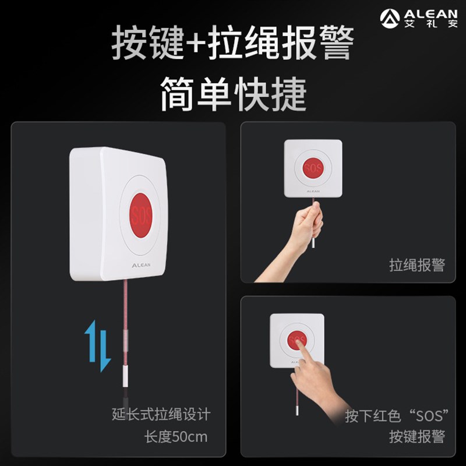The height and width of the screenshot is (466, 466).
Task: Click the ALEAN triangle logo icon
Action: click(x=390, y=17)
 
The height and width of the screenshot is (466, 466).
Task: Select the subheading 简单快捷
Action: click(x=233, y=94)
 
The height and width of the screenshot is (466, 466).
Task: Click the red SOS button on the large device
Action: click(x=141, y=213)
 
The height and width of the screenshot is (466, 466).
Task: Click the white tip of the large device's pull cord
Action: click(x=125, y=373)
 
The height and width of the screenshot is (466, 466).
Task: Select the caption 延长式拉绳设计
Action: click(x=161, y=414)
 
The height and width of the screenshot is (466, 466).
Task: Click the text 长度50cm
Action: click(x=176, y=436)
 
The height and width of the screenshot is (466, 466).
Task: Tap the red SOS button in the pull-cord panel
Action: click(x=313, y=168)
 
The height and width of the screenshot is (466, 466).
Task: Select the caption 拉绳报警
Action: click(x=416, y=265)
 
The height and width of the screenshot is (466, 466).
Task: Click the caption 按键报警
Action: click(x=416, y=436)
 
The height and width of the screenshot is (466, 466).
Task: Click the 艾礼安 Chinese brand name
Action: click(x=431, y=24)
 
